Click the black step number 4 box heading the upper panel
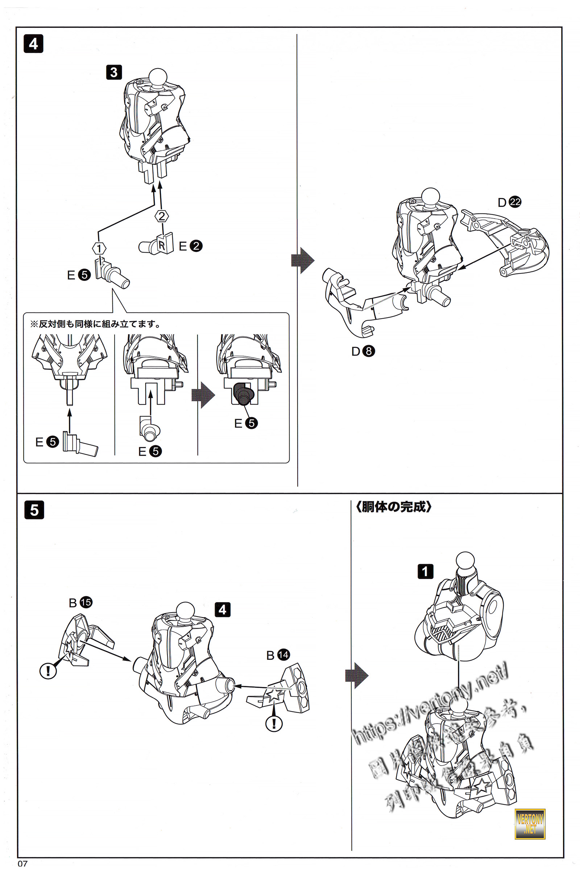click(33, 44)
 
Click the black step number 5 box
click(34, 510)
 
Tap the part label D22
click(509, 202)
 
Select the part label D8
click(363, 351)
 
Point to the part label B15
click(80, 602)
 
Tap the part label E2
click(191, 246)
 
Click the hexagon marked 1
click(99, 248)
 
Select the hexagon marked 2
click(162, 216)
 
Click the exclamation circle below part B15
click(48, 671)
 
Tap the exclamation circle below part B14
click(274, 723)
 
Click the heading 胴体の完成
click(394, 507)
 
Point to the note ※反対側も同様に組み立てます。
click(95, 324)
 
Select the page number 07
click(22, 864)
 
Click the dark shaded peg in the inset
click(242, 394)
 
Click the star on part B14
click(274, 694)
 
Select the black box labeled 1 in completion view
click(425, 571)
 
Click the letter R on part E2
click(162, 244)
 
